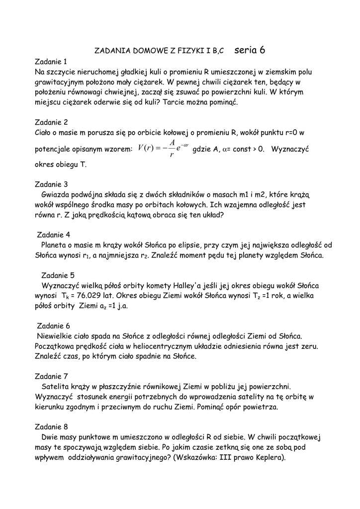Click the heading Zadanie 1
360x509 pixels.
51,62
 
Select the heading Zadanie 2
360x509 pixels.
51,122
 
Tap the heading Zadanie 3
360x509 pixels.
51,184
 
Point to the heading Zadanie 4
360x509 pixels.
54,235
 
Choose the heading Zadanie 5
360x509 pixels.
58,275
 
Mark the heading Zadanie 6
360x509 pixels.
54,326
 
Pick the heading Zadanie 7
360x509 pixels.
51,376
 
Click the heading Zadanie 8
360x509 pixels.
51,427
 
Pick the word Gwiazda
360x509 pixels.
56,195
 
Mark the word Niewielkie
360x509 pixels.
58,337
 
